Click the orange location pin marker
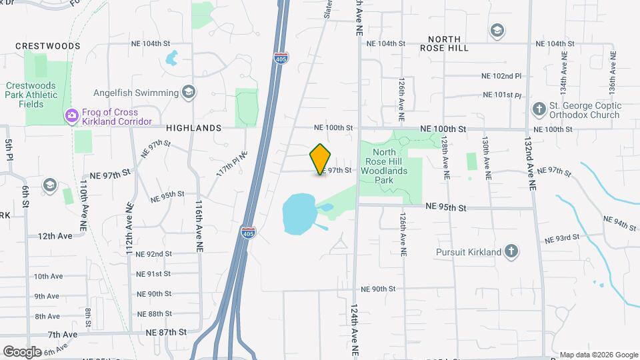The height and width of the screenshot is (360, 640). tap(321, 159)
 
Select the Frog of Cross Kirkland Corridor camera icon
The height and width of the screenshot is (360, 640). tap(71, 117)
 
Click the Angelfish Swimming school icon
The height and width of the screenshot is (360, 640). tap(189, 92)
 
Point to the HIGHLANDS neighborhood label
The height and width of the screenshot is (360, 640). tap(193, 127)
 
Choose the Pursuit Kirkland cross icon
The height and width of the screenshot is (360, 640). tap(511, 251)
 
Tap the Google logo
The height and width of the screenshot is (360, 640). tap(22, 351)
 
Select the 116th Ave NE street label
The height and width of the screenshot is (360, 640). tap(199, 225)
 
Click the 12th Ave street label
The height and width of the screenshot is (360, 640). tap(55, 236)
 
